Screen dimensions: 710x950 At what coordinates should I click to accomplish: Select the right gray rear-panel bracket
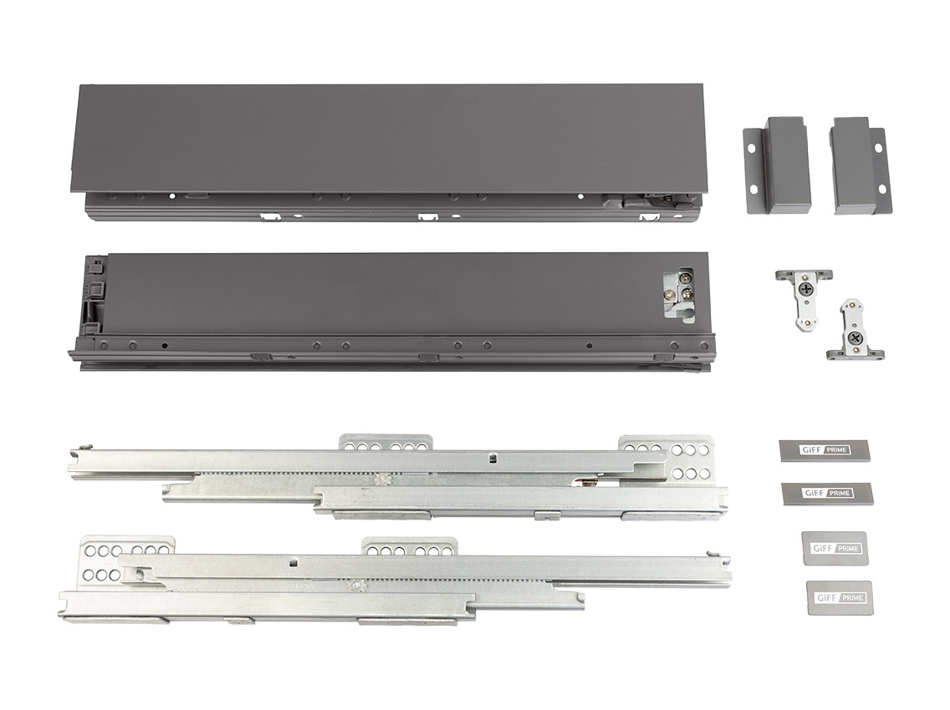(855, 165)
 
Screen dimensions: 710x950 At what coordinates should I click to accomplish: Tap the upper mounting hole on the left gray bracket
(751, 147)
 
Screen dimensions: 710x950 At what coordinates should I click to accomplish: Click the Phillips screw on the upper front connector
(805, 290)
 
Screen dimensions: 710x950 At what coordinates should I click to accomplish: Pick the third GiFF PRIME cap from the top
(833, 548)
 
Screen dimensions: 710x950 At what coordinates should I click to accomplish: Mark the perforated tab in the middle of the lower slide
(409, 549)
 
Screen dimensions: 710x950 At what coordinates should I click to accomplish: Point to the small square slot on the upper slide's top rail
(493, 457)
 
